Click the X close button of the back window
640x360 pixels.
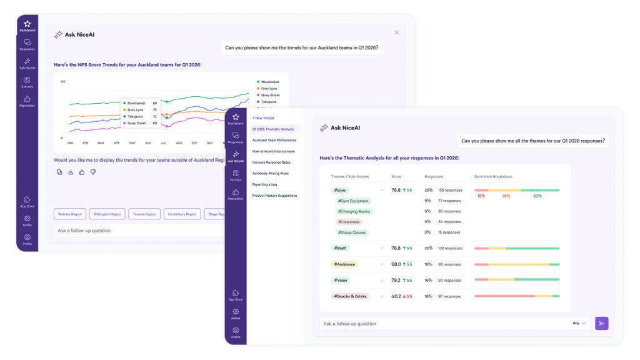pos(396,32)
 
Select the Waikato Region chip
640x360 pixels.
pos(70,214)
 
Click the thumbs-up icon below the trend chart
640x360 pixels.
pos(82,172)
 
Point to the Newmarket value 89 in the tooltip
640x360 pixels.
pos(154,103)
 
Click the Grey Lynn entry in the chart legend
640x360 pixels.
pos(269,89)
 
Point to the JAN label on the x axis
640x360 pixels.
pos(70,142)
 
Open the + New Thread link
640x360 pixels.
pos(263,117)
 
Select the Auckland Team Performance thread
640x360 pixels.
pos(274,140)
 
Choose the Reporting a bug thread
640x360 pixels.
pos(266,184)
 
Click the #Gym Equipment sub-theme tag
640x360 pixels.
pos(353,201)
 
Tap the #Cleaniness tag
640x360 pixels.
pos(349,222)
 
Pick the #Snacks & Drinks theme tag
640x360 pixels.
pos(351,296)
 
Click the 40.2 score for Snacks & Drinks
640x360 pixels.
pos(396,296)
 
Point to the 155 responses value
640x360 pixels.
pos(450,190)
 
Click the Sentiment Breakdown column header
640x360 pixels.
pos(493,177)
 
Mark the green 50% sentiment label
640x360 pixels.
pos(537,196)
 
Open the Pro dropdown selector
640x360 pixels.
pos(580,324)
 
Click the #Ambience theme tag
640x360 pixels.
pos(344,264)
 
